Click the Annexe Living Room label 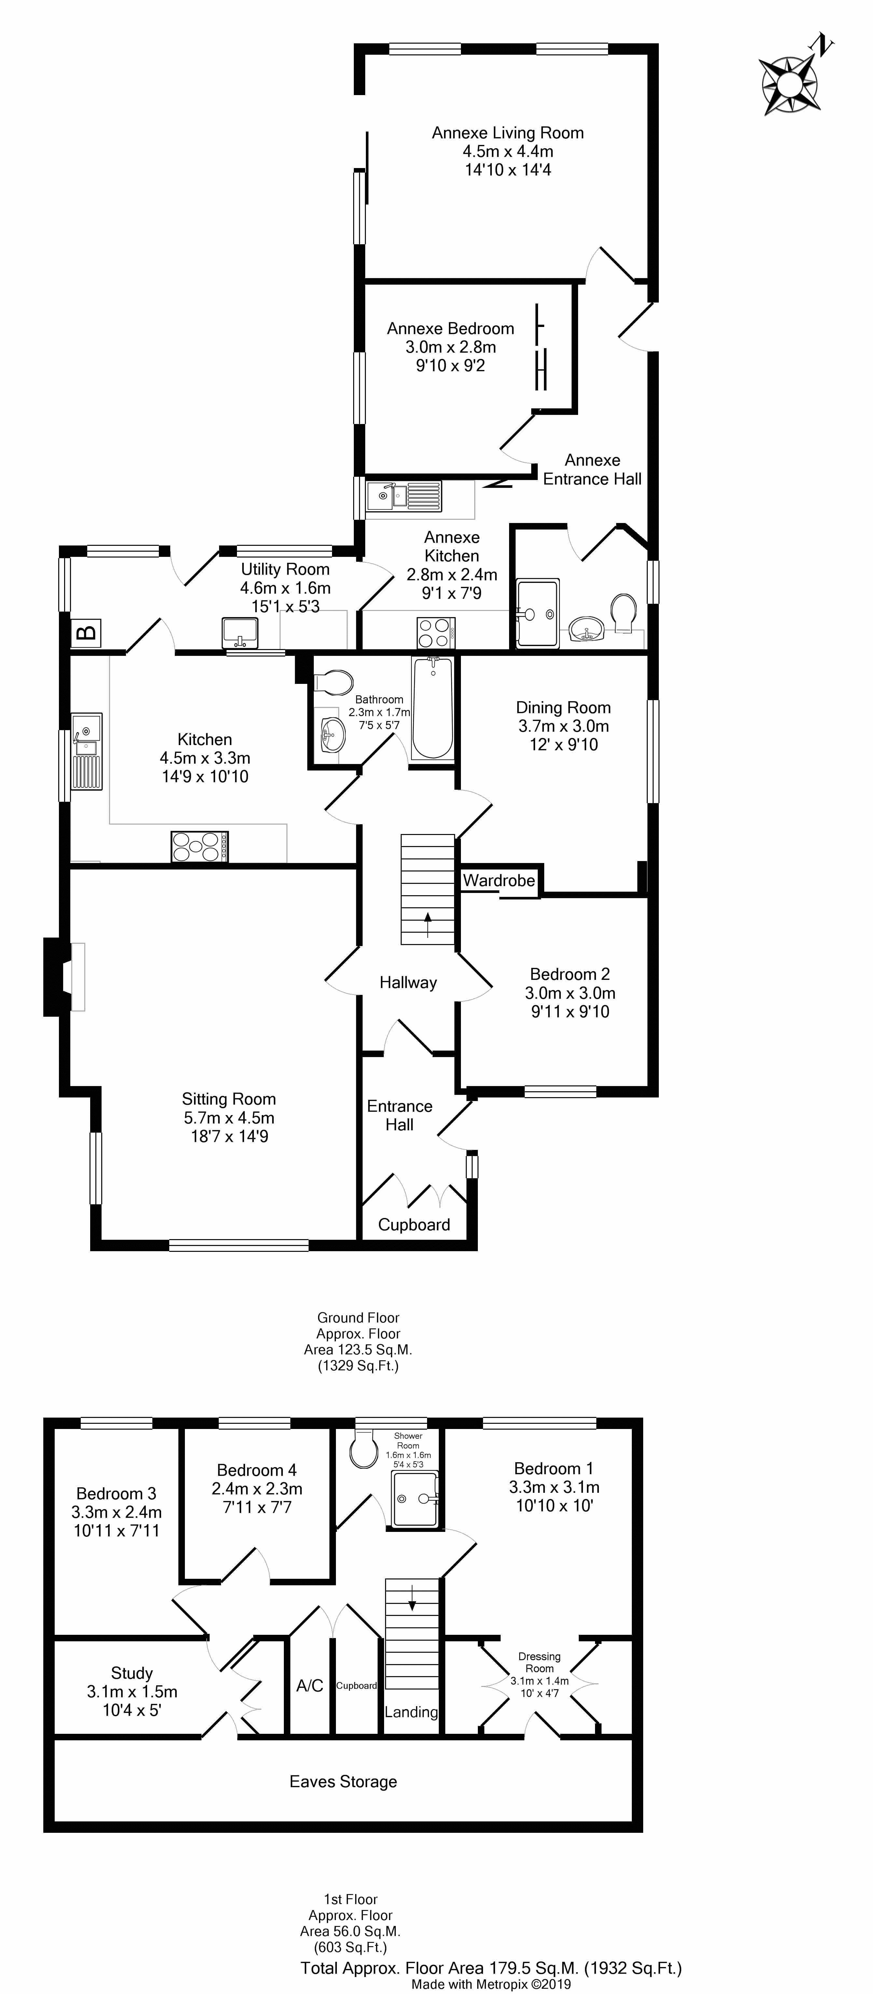(508, 133)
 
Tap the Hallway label (408, 982)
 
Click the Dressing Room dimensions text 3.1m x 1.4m (539, 1680)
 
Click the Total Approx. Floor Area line (491, 1968)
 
